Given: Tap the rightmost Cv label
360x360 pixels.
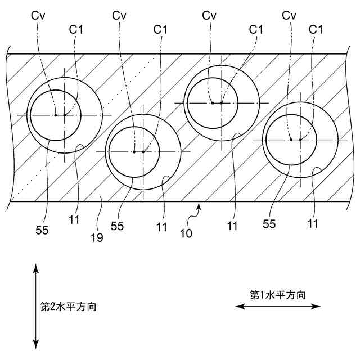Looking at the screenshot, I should click(289, 16).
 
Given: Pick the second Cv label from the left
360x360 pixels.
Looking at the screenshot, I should click(119, 16).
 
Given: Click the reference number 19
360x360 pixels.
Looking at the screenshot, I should click(97, 237).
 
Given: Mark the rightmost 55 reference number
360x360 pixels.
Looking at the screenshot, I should click(269, 224).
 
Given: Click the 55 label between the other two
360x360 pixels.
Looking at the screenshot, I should click(117, 227).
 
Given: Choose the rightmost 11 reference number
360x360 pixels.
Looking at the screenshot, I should click(313, 224).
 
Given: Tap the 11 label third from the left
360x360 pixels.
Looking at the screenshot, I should click(232, 227).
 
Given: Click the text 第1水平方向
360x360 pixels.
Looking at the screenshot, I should click(278, 294).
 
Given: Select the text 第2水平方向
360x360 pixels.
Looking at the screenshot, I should click(68, 307).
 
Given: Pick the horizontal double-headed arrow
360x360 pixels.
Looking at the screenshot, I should click(278, 306).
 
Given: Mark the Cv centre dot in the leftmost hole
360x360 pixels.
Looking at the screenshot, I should click(56, 115).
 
